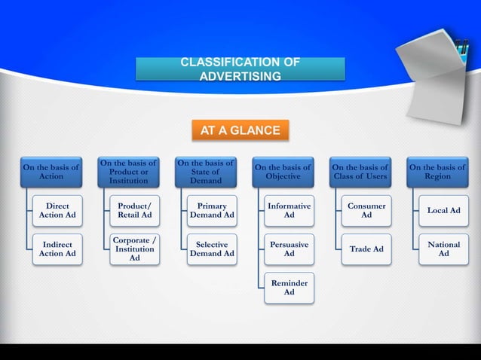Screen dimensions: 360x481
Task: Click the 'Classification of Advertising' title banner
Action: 240,69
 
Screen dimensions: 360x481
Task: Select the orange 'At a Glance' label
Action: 240,130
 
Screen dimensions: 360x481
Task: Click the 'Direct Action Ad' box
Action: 58,210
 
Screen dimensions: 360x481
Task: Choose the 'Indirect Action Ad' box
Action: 58,249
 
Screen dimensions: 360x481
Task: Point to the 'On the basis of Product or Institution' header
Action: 128,172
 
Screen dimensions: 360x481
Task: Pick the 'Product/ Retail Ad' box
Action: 134,210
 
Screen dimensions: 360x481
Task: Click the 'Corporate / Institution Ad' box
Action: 134,249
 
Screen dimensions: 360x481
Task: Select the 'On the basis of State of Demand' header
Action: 206,172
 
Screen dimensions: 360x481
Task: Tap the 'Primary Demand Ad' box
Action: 212,210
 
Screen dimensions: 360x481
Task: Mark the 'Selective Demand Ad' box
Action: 212,249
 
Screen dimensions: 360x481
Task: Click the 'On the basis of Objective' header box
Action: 283,172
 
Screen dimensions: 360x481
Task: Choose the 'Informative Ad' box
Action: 289,210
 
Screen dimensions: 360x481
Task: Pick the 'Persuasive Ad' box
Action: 289,249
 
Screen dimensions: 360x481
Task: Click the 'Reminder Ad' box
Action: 289,288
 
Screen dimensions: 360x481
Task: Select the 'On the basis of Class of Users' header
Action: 360,172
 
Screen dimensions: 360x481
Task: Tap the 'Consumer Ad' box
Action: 366,210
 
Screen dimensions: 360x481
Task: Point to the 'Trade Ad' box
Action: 366,249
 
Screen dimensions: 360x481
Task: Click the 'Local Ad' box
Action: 443,210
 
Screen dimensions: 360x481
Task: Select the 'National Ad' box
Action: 443,249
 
